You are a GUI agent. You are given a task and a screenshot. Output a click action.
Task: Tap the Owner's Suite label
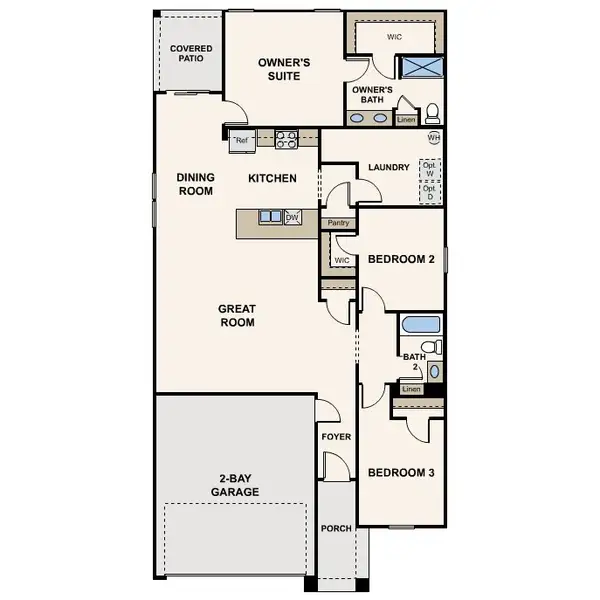pyautogui.click(x=284, y=69)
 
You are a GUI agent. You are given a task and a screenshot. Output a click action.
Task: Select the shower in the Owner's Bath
pyautogui.click(x=419, y=67)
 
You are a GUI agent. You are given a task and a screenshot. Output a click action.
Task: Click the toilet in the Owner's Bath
pyautogui.click(x=433, y=113)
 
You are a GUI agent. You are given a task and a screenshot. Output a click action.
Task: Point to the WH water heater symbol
pyautogui.click(x=434, y=137)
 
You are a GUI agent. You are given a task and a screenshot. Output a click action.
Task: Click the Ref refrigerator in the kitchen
pyautogui.click(x=241, y=141)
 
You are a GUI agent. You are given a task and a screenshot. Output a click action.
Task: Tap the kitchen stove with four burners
pyautogui.click(x=286, y=140)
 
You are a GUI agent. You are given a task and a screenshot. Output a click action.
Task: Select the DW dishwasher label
pyautogui.click(x=293, y=216)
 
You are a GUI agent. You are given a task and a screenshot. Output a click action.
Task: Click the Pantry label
pyautogui.click(x=338, y=222)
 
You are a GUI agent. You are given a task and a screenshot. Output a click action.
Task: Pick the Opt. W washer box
pyautogui.click(x=430, y=169)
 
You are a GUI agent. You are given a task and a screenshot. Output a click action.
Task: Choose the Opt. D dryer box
pyautogui.click(x=430, y=192)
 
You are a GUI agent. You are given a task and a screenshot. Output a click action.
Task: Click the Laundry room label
pyautogui.click(x=388, y=167)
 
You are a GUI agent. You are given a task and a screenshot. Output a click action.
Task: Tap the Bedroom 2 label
pyautogui.click(x=400, y=259)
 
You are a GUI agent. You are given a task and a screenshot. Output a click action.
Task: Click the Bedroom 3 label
pyautogui.click(x=400, y=472)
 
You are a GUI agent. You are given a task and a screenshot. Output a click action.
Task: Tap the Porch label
pyautogui.click(x=336, y=528)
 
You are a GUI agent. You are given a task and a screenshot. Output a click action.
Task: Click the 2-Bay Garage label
pyautogui.click(x=235, y=485)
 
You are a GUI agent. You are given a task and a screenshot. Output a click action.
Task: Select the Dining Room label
pyautogui.click(x=195, y=184)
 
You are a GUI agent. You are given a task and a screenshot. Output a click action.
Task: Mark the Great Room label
pyautogui.click(x=237, y=316)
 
